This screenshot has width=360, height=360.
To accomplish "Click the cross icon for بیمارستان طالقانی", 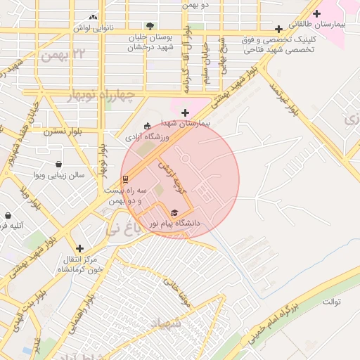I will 317,13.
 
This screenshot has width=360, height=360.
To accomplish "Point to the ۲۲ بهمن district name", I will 67,54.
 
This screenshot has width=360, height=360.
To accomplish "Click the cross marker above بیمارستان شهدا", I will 185,112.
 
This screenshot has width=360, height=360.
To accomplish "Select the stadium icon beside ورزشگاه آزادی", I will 147,127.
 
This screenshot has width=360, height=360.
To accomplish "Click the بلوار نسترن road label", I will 63,131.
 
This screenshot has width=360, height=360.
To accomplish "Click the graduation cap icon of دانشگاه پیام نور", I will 174,212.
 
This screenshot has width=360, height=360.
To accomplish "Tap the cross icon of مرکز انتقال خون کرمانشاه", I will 79,248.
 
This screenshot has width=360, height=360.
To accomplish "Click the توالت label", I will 331,302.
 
